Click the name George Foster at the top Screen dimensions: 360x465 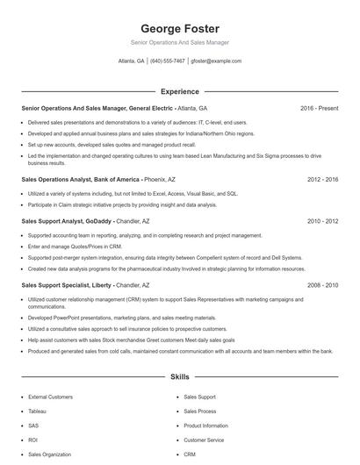point(179,28)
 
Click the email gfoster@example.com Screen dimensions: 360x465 point(216,61)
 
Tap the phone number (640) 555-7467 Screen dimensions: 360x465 point(168,61)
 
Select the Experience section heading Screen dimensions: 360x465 point(179,91)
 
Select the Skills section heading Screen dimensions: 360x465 point(179,376)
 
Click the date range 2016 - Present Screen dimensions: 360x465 point(319,108)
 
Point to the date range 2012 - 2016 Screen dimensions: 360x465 point(322,179)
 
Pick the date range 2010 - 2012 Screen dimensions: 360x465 point(322,222)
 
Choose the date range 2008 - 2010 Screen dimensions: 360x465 point(322,285)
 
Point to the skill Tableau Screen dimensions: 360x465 point(37,411)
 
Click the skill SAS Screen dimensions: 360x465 point(33,426)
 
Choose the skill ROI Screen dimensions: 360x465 point(32,440)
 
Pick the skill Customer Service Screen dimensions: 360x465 point(204,440)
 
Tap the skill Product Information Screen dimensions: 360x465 point(205,426)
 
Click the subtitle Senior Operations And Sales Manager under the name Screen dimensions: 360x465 point(179,42)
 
